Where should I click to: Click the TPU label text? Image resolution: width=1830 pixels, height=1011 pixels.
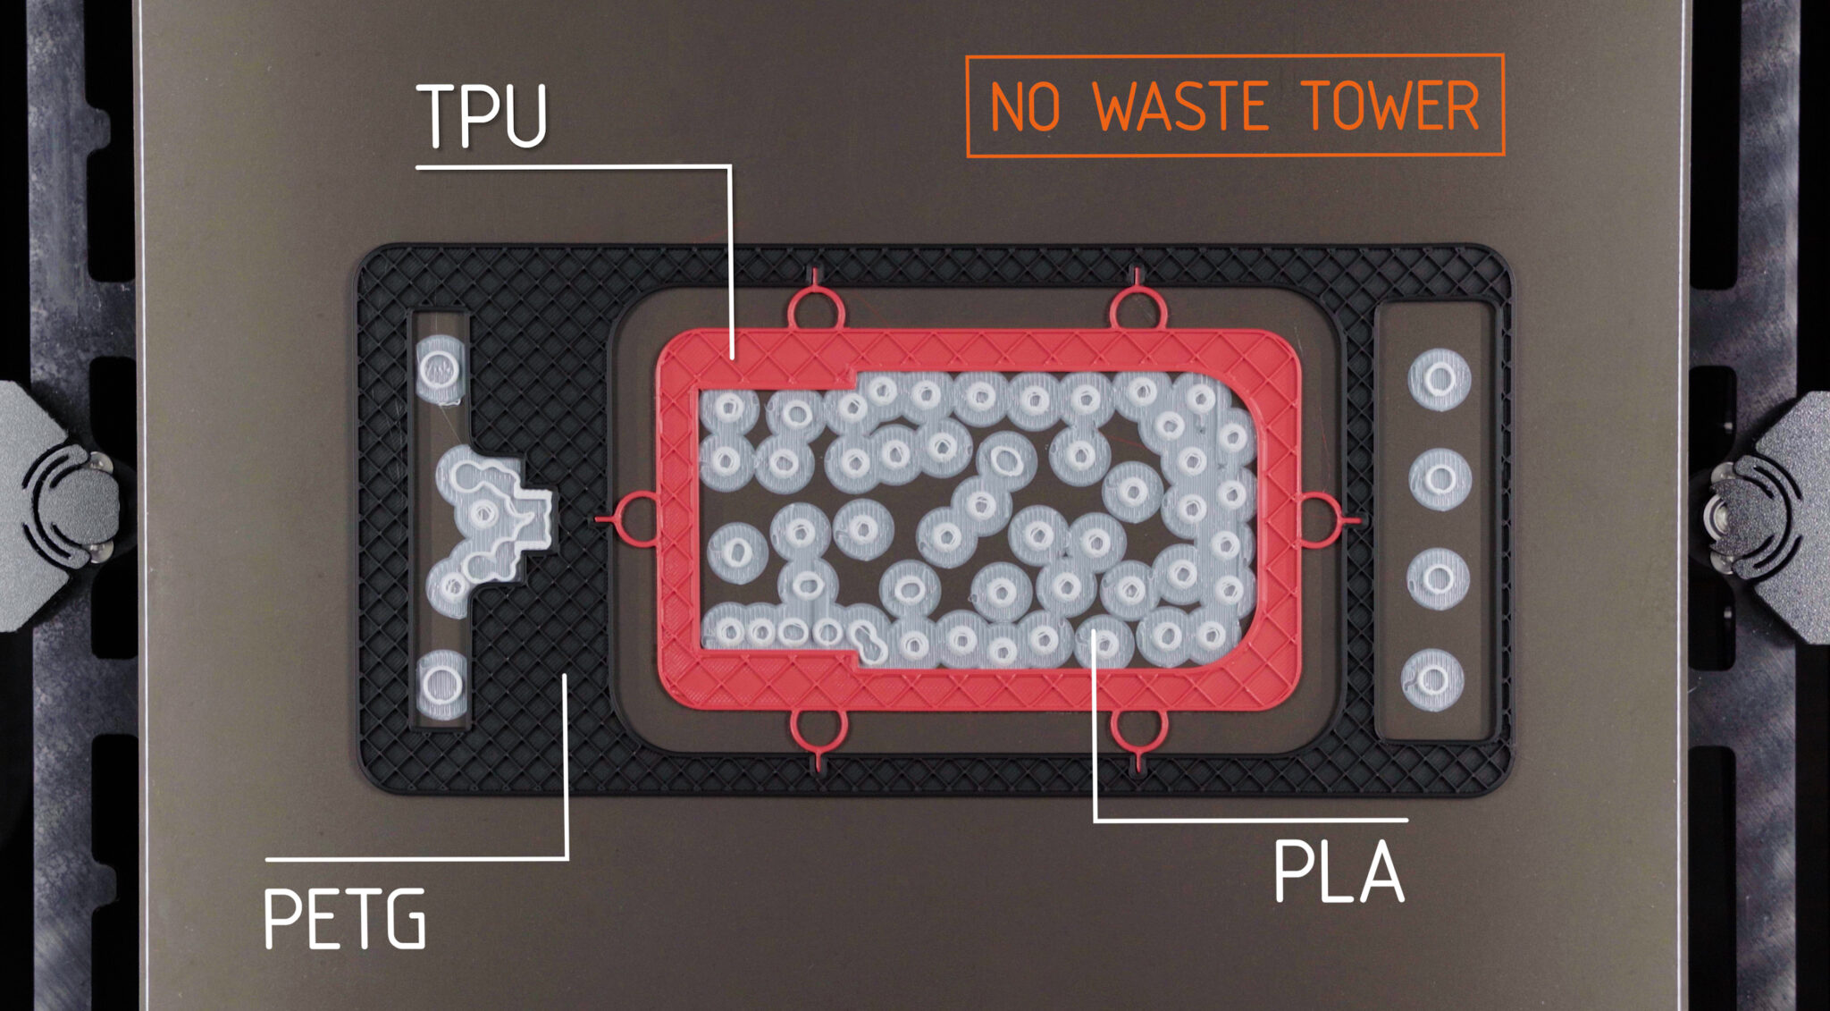point(483,116)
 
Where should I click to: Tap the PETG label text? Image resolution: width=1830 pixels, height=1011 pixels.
point(345,919)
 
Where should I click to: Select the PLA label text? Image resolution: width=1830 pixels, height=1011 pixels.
point(1338,872)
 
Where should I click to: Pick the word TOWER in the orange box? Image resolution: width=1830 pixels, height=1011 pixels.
point(1390,106)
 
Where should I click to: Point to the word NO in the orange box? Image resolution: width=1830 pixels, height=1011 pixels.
point(1026,107)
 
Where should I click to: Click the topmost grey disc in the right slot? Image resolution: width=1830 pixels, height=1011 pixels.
point(1439,380)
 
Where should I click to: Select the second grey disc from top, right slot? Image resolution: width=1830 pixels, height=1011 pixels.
point(1440,480)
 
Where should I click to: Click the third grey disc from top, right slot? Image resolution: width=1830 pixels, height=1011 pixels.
point(1438,579)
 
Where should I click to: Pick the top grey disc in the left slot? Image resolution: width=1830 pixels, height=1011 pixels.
point(440,366)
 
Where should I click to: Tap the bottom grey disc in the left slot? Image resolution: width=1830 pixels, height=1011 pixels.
point(441,685)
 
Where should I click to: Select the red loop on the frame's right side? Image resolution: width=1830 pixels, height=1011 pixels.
point(1319,519)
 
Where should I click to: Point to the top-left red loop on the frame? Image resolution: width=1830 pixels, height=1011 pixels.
point(816,309)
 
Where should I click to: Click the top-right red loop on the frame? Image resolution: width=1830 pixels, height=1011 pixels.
point(1137,309)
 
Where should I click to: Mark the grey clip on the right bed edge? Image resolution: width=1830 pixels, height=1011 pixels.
point(1774,514)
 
